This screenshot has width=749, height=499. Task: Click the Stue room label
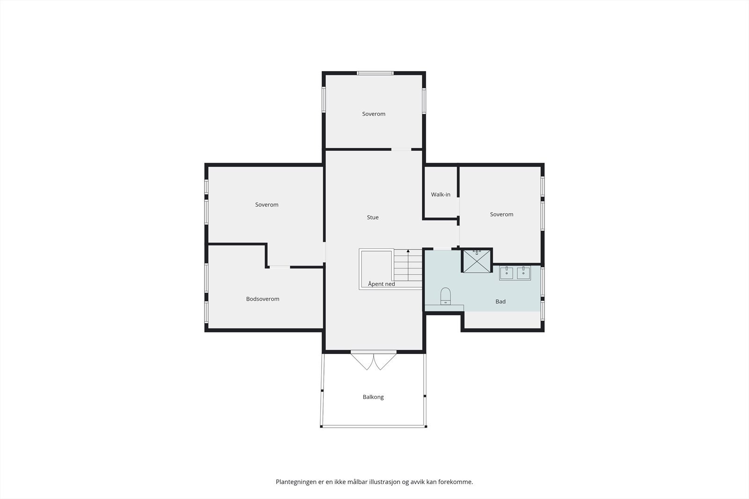click(373, 217)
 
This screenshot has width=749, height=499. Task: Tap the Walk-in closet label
click(441, 195)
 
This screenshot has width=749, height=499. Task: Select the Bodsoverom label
click(263, 299)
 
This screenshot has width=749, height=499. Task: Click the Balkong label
click(373, 397)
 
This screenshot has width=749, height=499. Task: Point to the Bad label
click(500, 302)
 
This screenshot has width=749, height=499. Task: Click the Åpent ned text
click(382, 284)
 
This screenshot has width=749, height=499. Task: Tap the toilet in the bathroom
click(445, 296)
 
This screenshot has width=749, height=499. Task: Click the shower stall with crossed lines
click(477, 260)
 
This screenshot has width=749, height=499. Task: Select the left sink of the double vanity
click(507, 273)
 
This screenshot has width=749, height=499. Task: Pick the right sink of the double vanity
click(523, 273)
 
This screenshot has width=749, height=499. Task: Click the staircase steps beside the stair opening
click(408, 265)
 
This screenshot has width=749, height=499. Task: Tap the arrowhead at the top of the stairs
click(408, 251)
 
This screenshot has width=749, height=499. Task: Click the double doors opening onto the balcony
click(374, 361)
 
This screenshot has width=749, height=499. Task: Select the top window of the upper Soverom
click(375, 73)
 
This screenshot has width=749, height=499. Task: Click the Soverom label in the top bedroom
click(374, 114)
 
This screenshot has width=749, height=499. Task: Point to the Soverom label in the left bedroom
click(266, 205)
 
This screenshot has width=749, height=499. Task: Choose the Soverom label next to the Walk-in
click(501, 215)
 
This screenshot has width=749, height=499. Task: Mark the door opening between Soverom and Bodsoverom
click(280, 267)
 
